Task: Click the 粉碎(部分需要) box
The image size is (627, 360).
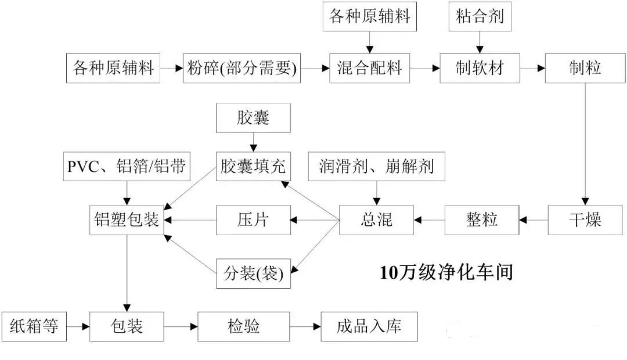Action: pos(242,69)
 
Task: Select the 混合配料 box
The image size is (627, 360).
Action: pos(370,69)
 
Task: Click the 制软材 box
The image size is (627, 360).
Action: pos(480,69)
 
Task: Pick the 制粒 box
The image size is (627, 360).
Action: pos(585,69)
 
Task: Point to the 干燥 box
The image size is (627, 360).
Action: pos(585,220)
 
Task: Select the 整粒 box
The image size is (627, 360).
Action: pos(482,220)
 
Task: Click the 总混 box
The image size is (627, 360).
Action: pos(377,220)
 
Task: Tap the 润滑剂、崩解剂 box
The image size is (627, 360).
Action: pos(377,168)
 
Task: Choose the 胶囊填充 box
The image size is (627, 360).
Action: pos(254,168)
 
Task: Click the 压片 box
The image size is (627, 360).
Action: pos(254,220)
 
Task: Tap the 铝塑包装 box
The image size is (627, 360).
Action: pos(126,220)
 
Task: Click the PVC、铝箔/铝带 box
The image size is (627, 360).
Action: pos(126,168)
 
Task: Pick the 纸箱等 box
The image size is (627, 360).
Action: pos(34,326)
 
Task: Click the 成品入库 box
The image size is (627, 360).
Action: pos(369,326)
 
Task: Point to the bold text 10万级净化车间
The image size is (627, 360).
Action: pos(446,272)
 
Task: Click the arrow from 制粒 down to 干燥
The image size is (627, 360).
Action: pos(585,145)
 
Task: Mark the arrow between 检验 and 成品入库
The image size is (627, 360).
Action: pos(305,327)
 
